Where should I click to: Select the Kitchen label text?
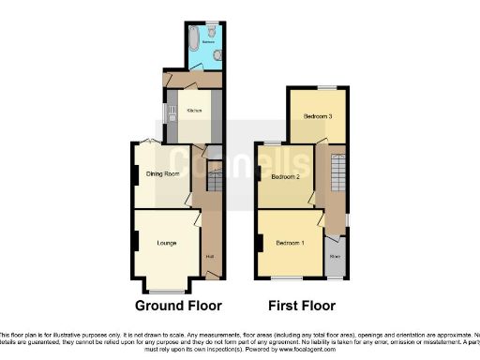tap(194, 111)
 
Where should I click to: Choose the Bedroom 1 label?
tap(290, 244)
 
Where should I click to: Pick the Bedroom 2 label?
tap(285, 176)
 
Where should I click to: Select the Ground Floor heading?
tap(178, 306)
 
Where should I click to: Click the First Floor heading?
tap(301, 306)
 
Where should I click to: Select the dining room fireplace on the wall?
tap(134, 173)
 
